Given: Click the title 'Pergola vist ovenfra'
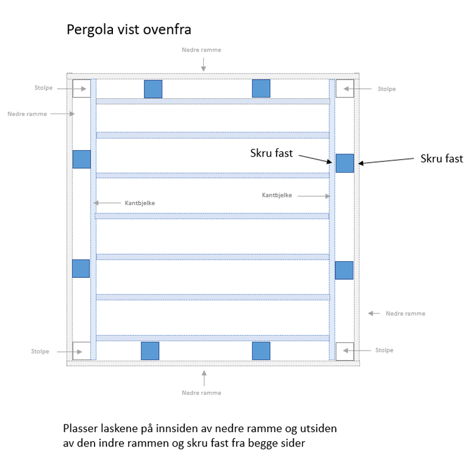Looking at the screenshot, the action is click(x=129, y=30).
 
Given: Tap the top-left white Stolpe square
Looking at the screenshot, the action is click(x=82, y=88).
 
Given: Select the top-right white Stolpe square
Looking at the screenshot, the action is click(x=345, y=88).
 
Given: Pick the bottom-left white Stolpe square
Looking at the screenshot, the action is click(x=82, y=351).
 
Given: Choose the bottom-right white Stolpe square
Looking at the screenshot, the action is click(x=345, y=351).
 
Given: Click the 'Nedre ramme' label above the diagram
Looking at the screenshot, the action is click(x=202, y=50).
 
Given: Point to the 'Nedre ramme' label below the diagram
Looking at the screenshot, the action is click(x=202, y=393).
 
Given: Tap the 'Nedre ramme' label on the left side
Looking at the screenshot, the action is click(x=27, y=114).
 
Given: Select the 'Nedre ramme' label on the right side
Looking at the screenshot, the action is click(x=406, y=314).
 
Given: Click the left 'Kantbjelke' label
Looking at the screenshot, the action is click(x=140, y=203).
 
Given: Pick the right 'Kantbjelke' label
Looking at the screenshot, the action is click(x=277, y=195).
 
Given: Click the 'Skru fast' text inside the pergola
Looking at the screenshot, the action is click(x=271, y=153).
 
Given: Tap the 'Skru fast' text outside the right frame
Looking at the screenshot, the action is click(x=442, y=158).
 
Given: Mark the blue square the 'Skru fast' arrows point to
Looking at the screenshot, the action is click(x=345, y=163).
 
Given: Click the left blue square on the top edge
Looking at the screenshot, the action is click(x=153, y=89).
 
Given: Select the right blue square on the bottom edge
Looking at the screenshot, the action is click(x=261, y=351).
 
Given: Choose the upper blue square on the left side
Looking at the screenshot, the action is click(x=82, y=159).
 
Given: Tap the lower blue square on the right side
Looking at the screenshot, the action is click(x=344, y=270).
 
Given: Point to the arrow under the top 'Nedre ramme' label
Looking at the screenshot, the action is click(x=203, y=64).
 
